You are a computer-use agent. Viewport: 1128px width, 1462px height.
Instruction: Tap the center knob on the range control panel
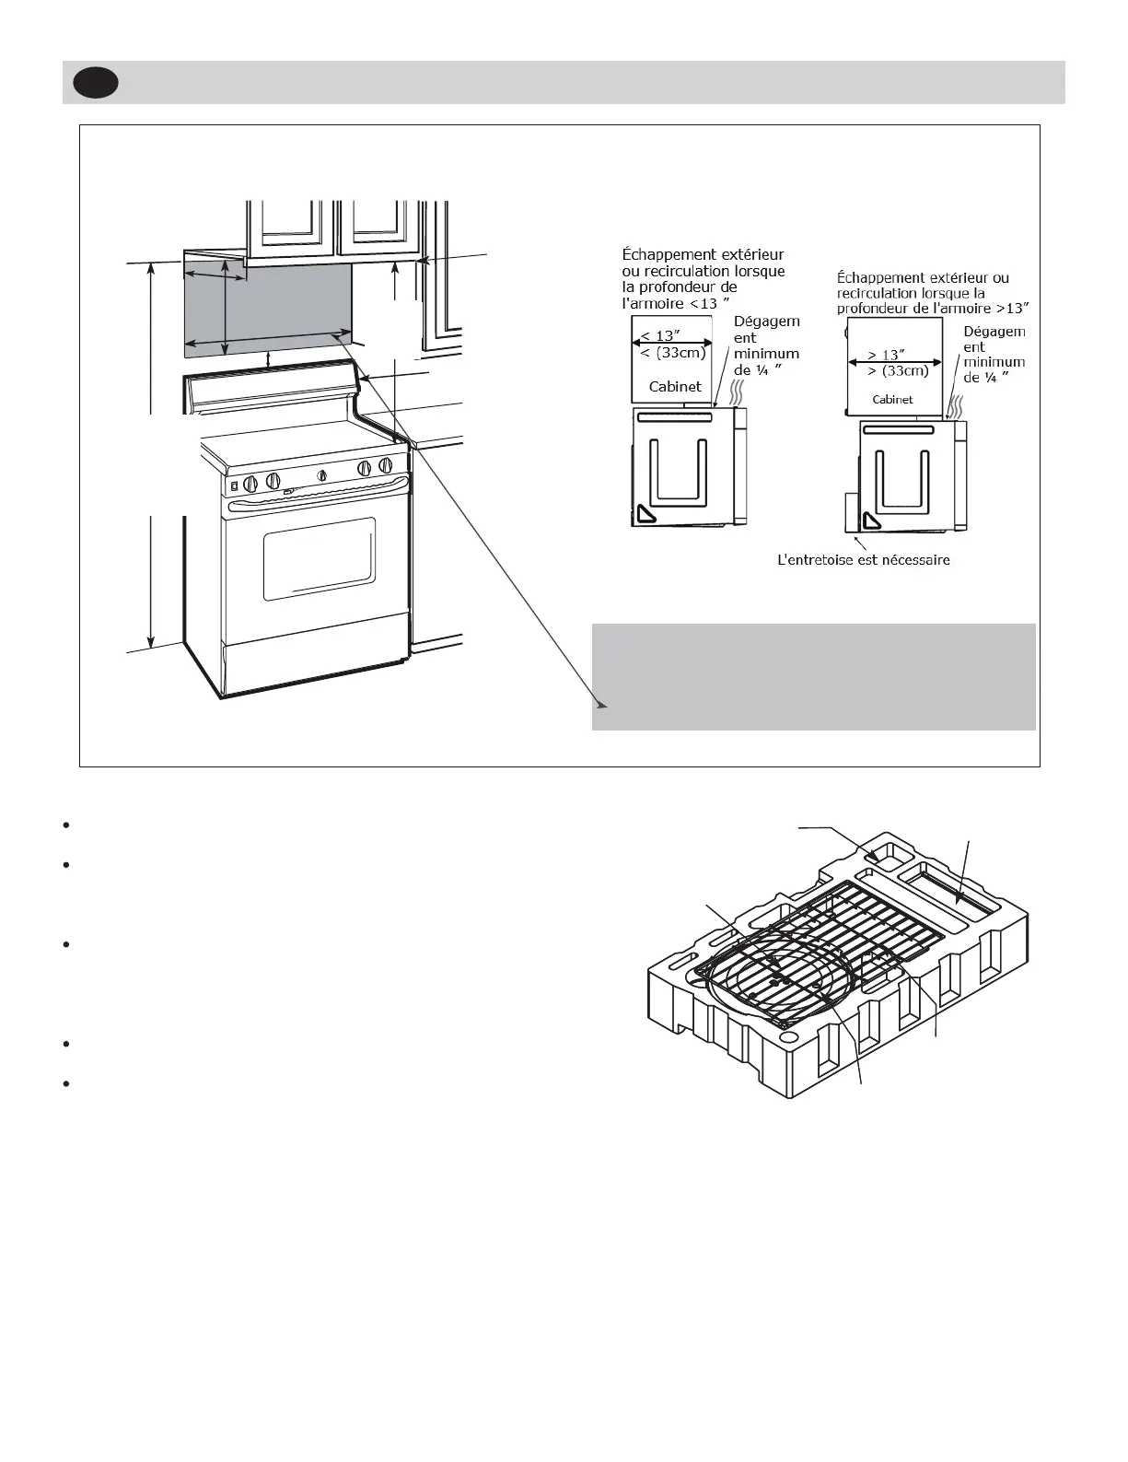(322, 475)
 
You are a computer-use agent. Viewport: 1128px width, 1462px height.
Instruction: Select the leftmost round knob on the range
(250, 482)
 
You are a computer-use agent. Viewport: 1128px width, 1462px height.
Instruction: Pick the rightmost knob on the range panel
(386, 465)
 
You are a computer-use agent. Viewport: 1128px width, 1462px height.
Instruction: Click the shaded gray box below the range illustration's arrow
(814, 676)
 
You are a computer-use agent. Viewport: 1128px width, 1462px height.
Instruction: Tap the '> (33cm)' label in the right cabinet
(898, 370)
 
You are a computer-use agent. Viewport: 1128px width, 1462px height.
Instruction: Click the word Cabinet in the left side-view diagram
(674, 387)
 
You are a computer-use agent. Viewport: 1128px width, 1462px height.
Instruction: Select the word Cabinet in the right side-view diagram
(892, 400)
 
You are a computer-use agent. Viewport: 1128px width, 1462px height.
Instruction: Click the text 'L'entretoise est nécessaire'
(864, 559)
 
